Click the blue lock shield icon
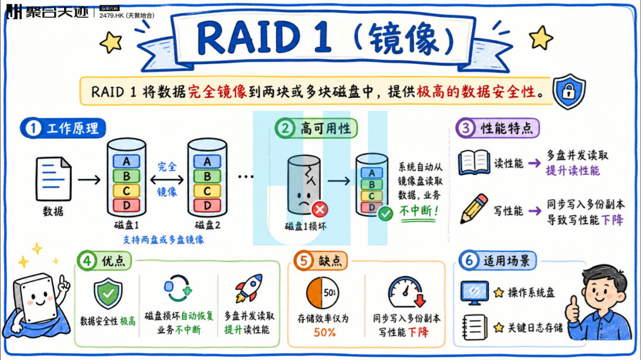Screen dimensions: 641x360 pos(569,91)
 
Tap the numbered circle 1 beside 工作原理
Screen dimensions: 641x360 pos(33,128)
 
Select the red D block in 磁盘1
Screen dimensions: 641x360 pos(126,205)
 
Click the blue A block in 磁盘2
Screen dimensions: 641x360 pos(207,161)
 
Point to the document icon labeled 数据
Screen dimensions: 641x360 pos(53,179)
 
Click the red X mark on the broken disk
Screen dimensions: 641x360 pos(320,209)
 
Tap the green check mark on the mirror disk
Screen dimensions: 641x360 pos(385,214)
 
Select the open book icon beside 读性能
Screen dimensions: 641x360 pos(474,163)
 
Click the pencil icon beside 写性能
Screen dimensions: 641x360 pos(474,208)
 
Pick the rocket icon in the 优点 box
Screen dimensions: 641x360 pos(249,288)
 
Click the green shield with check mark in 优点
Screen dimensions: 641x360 pos(108,293)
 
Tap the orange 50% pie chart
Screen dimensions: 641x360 pos(322,293)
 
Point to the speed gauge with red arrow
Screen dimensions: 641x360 pos(407,292)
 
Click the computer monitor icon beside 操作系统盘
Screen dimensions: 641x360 pos(474,292)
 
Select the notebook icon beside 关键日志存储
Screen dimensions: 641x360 pos(474,327)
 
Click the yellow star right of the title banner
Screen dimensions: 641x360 pos(541,38)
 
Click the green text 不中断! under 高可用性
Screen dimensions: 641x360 pos(419,211)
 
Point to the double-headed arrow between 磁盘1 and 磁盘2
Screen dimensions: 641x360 pos(167,179)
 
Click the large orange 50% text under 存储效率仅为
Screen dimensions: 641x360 pos(325,332)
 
